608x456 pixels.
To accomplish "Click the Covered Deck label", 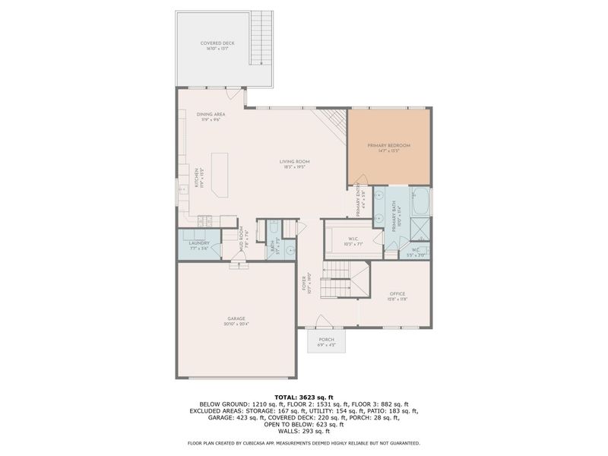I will (217, 46).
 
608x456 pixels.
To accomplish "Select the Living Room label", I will (294, 163).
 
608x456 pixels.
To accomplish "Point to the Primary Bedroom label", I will (388, 147).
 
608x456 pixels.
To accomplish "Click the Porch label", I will (327, 342).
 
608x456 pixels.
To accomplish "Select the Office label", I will (397, 296).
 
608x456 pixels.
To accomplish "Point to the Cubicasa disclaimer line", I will (304, 442).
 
